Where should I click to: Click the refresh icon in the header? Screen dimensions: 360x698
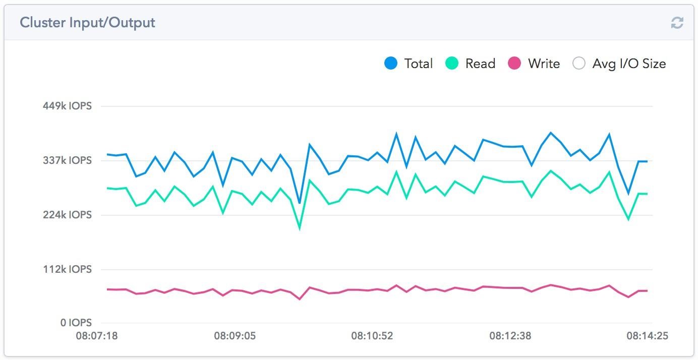677,23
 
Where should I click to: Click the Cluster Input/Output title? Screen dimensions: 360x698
87,23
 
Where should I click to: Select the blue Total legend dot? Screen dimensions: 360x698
391,64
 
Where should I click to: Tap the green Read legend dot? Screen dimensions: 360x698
452,64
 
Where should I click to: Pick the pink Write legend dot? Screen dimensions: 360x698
514,64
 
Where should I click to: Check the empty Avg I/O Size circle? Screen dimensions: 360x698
579,64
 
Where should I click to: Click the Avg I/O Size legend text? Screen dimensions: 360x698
629,64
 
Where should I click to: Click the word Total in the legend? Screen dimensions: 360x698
418,64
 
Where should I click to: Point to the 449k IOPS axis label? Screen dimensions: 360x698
67,106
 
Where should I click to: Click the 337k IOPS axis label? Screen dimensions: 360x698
67,160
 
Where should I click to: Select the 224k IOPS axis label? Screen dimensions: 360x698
67,215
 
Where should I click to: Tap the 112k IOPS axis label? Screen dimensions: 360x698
67,269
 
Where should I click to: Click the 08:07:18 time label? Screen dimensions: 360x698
97,336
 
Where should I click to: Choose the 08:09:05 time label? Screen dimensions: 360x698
235,336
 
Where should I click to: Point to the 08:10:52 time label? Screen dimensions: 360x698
372,336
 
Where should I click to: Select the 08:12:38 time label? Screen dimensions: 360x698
510,336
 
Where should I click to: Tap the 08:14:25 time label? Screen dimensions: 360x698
648,336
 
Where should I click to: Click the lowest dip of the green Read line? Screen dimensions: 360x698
300,228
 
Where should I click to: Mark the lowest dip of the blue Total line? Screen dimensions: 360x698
300,203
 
